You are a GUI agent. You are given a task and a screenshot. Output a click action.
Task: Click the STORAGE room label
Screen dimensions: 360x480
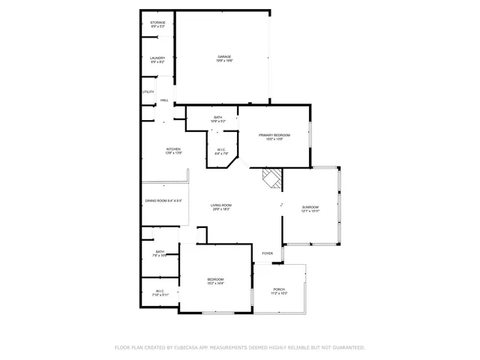157,22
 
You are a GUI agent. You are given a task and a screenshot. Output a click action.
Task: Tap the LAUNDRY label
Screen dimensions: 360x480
157,58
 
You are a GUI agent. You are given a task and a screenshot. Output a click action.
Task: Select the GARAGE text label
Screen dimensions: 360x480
224,56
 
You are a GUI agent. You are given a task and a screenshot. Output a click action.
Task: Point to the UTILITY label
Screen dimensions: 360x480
148,92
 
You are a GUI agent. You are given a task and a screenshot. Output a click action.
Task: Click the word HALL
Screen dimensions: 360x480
164,100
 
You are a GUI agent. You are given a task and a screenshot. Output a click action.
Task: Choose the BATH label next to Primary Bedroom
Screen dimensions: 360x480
217,117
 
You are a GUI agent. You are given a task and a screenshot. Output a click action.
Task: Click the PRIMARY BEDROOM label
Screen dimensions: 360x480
274,135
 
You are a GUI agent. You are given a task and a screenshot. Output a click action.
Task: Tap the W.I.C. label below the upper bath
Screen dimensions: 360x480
222,149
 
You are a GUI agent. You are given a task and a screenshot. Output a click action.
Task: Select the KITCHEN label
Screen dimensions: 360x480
173,149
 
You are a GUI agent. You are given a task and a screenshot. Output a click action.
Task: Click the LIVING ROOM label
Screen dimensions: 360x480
220,205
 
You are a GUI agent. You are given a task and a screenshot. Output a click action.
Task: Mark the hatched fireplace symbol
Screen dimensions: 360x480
272,178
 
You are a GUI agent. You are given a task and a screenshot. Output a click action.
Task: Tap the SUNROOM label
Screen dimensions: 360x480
310,207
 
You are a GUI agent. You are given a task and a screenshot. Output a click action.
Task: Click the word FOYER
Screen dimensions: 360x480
268,253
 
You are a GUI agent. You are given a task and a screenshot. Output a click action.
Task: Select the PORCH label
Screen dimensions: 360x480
279,289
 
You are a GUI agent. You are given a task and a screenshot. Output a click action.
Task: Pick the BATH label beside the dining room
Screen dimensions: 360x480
160,252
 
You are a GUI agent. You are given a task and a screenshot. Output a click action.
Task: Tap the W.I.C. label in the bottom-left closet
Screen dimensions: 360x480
160,291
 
